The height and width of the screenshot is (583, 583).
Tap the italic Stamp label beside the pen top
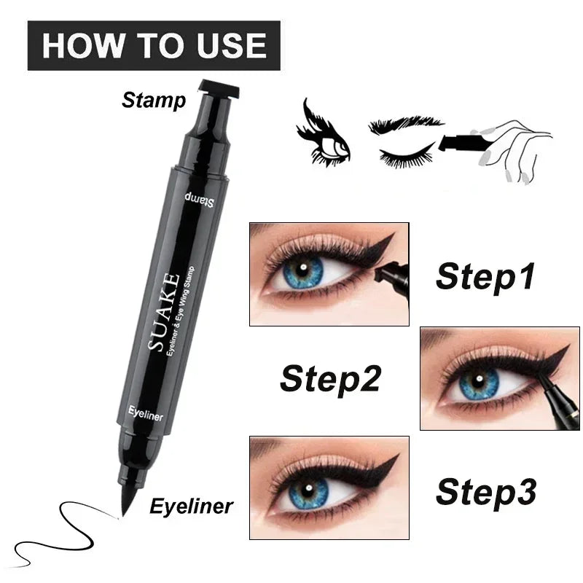[154, 99]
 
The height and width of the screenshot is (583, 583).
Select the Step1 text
[485, 277]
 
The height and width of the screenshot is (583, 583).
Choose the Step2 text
[329, 380]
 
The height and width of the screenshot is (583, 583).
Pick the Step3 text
[485, 492]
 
